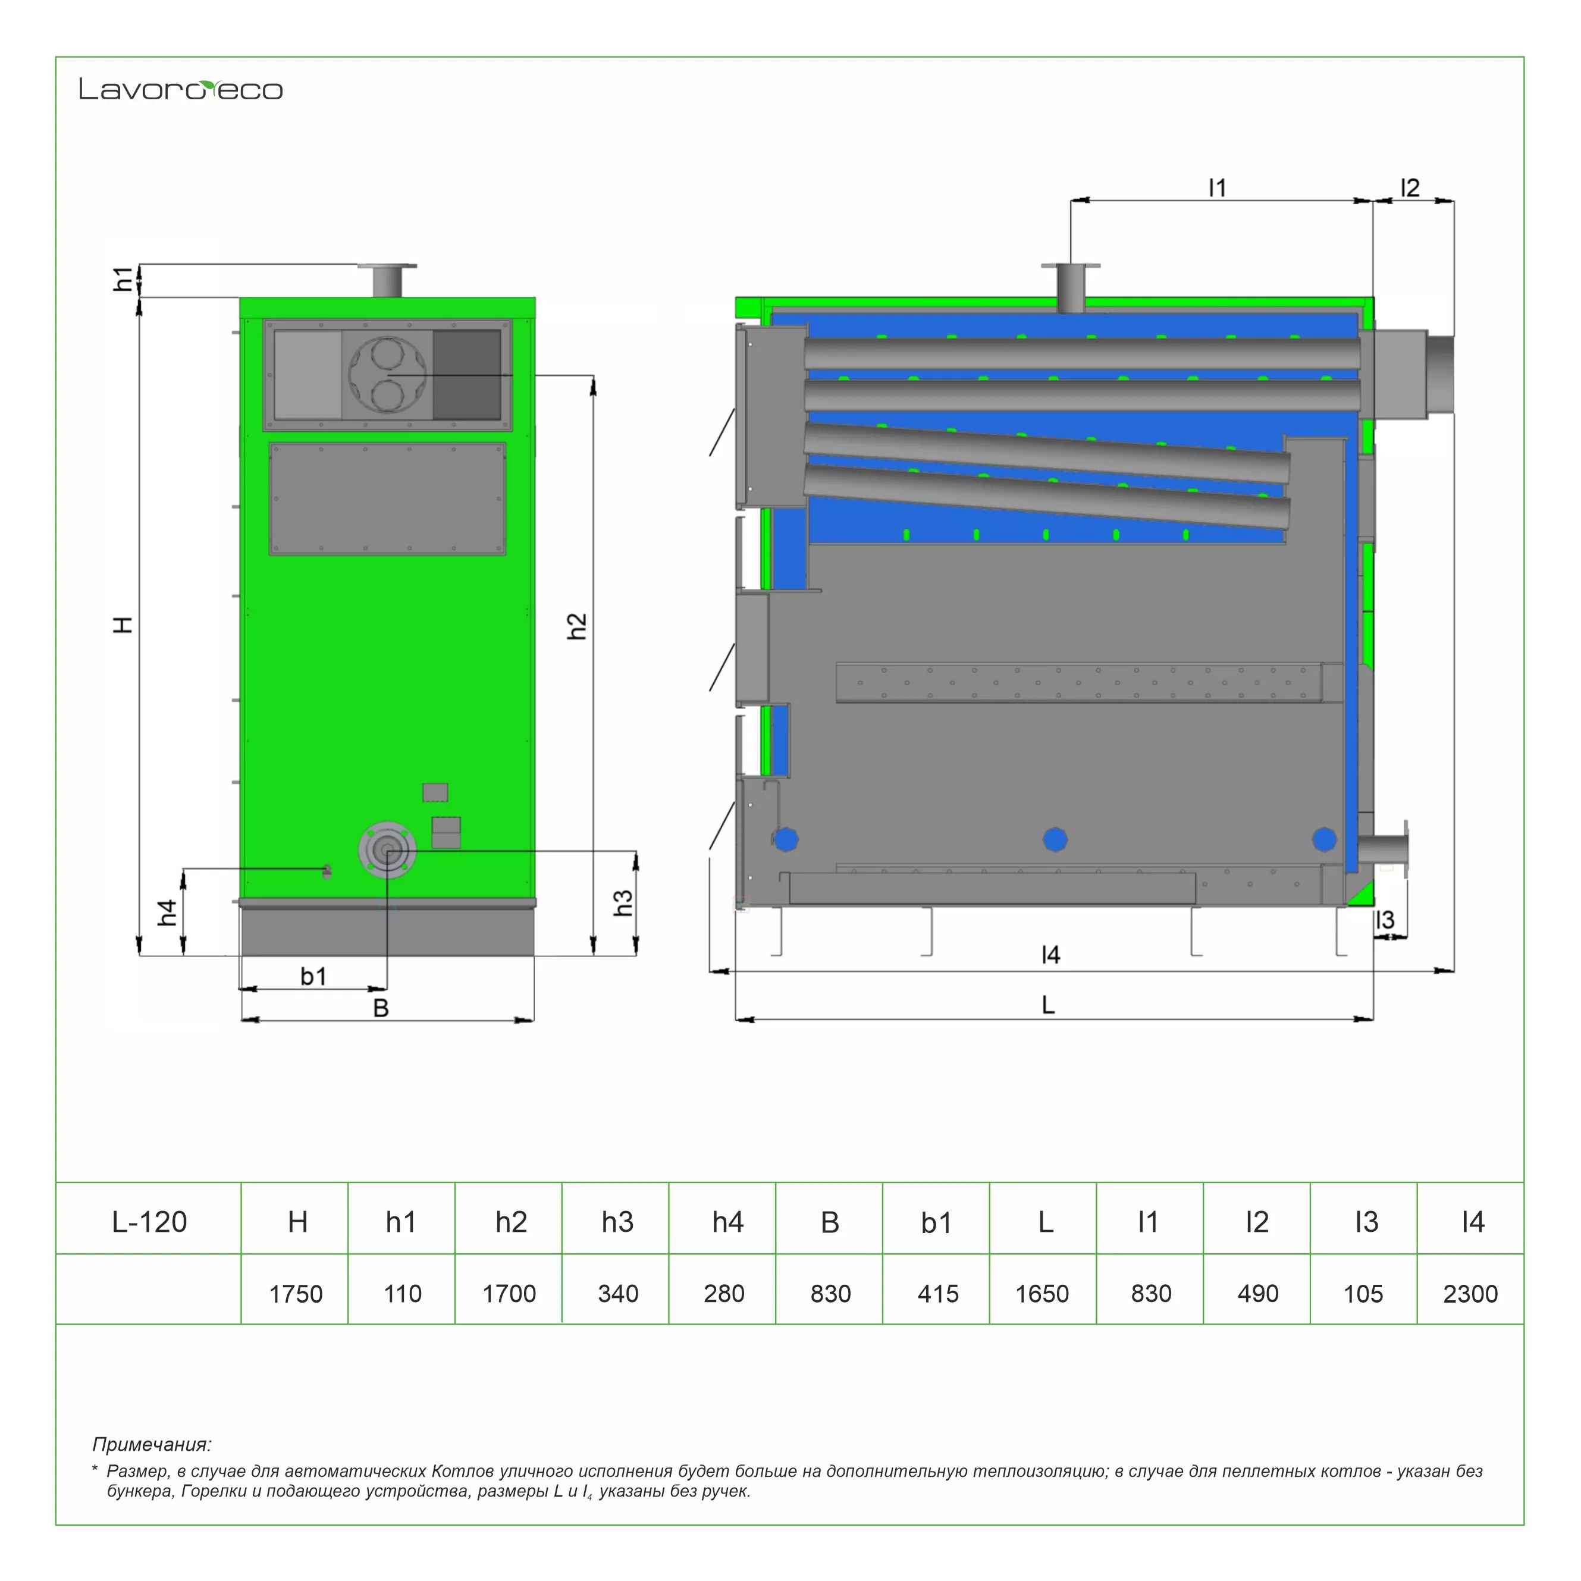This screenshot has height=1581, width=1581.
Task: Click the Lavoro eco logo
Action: pyautogui.click(x=181, y=89)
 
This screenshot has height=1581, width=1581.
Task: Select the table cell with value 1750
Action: pyautogui.click(x=296, y=1294)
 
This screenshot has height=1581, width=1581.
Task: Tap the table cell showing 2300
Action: pyautogui.click(x=1470, y=1294)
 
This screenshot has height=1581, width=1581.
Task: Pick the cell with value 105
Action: pyautogui.click(x=1363, y=1294)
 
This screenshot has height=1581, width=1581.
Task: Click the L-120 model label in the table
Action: pyautogui.click(x=149, y=1222)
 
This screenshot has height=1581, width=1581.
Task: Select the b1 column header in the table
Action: pyautogui.click(x=936, y=1222)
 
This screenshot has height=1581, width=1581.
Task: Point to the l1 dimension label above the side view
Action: pyautogui.click(x=1217, y=188)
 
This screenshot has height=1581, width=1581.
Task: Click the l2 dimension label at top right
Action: pyautogui.click(x=1409, y=188)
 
